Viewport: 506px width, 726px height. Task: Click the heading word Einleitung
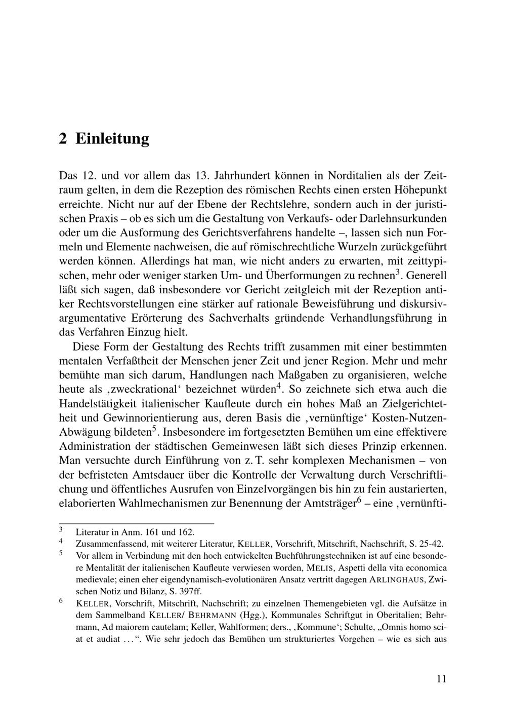(112, 139)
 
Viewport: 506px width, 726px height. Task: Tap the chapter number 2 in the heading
(63, 139)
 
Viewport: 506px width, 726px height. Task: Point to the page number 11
(441, 679)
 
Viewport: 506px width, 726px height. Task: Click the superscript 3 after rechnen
(398, 273)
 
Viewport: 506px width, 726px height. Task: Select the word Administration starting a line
(94, 446)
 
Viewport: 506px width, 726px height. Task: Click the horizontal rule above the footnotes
(137, 523)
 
